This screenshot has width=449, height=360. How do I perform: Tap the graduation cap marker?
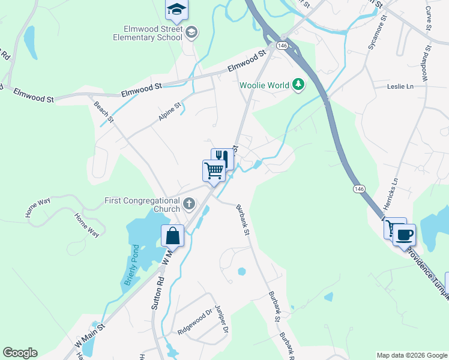pos(176,9)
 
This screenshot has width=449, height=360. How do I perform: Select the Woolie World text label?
pos(264,85)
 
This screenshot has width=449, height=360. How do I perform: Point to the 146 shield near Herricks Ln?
pos(359,189)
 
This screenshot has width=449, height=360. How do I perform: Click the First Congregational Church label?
pos(142,205)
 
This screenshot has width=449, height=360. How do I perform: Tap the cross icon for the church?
pos(189,205)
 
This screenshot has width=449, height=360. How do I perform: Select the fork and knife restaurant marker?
pos(221,158)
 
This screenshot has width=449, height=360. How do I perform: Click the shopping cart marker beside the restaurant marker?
pos(214,170)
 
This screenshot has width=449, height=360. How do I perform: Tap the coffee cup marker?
pos(404,234)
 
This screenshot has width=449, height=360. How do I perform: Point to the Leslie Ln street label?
pos(401,86)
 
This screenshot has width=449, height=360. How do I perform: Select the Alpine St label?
pos(169,112)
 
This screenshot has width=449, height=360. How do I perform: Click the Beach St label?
pos(103,112)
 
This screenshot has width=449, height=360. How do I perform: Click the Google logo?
pos(20,353)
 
